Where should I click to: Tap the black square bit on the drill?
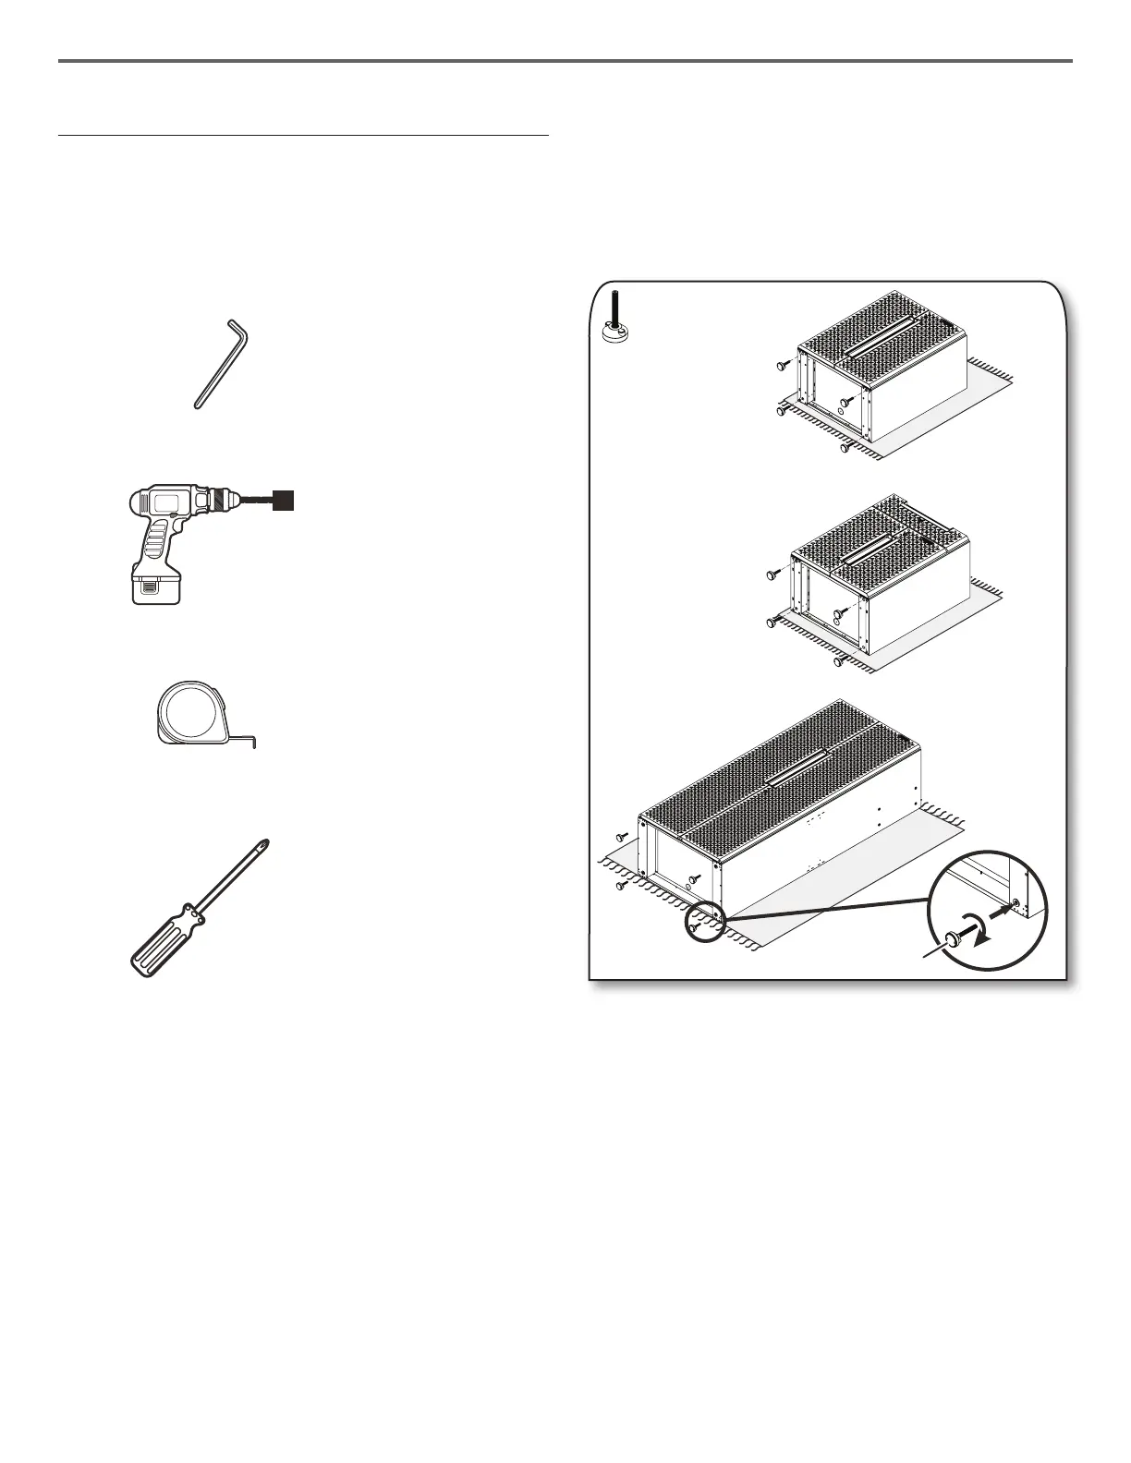(285, 501)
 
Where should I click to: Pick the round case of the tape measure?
(191, 712)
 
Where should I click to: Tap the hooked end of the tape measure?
(251, 740)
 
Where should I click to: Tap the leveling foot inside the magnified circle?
(954, 942)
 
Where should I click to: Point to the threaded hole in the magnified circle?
(1016, 902)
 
